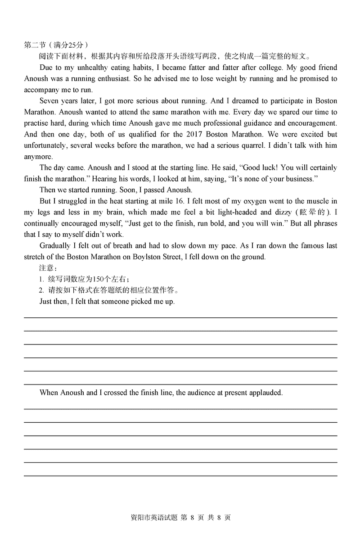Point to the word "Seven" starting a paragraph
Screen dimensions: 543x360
point(49,101)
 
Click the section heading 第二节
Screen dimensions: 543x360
point(35,45)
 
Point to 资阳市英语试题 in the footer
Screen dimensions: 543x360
point(152,517)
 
